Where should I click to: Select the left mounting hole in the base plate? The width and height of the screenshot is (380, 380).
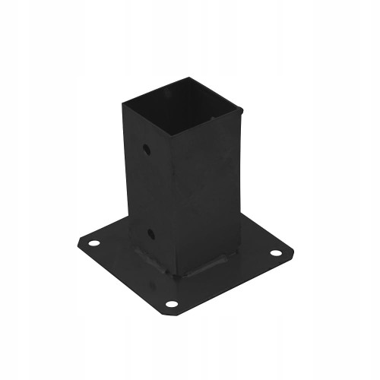coord(94,244)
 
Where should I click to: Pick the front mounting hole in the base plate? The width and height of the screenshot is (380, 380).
coord(172,303)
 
